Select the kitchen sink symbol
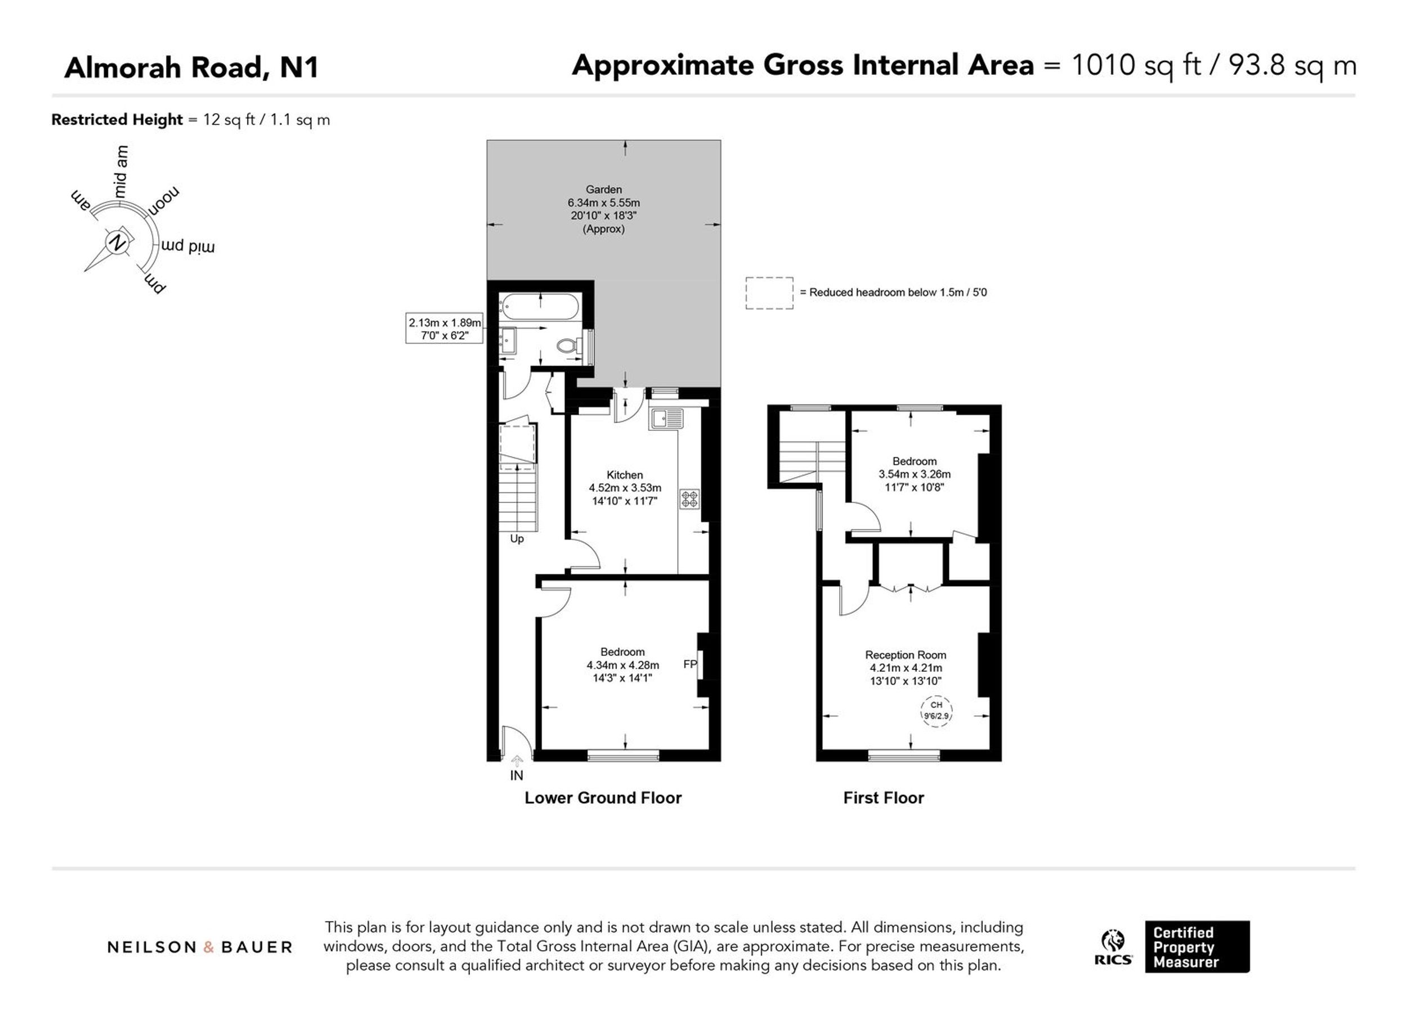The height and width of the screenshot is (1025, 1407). (666, 419)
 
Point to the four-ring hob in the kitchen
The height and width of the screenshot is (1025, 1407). (689, 499)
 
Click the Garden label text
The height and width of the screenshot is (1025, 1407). (603, 189)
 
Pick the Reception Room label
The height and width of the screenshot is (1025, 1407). (906, 655)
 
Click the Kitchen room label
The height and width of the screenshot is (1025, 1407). (624, 475)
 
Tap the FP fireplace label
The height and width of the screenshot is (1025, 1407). (690, 664)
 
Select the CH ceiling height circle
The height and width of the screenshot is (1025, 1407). (936, 711)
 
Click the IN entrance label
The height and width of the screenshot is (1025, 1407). (517, 775)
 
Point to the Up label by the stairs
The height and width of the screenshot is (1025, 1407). (517, 538)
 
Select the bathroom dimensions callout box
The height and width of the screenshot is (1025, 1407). (445, 328)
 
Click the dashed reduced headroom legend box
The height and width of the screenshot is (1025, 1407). (769, 293)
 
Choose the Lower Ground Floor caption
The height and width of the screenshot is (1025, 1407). (603, 798)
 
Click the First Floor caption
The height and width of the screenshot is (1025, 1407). (883, 798)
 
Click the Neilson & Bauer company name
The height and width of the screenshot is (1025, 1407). (200, 947)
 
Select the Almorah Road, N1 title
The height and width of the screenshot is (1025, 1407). (191, 68)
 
